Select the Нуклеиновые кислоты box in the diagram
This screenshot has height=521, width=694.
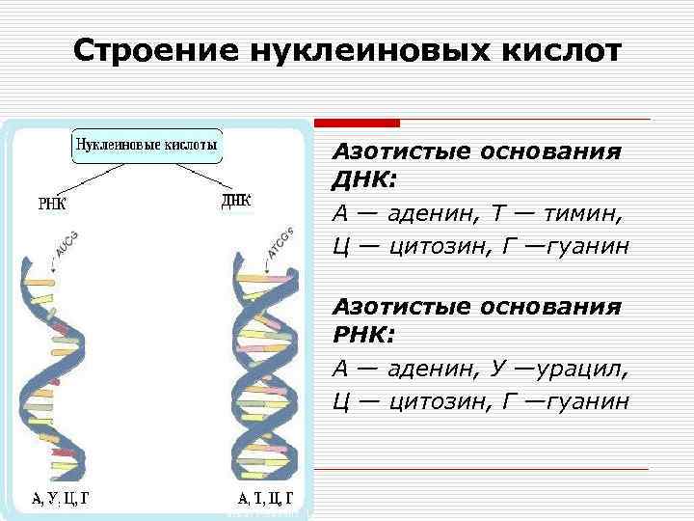coord(147,147)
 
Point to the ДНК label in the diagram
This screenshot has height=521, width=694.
coord(236,201)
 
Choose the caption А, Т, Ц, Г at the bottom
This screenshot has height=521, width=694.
coord(270,500)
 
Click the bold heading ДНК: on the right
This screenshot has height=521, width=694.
coord(364,181)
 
